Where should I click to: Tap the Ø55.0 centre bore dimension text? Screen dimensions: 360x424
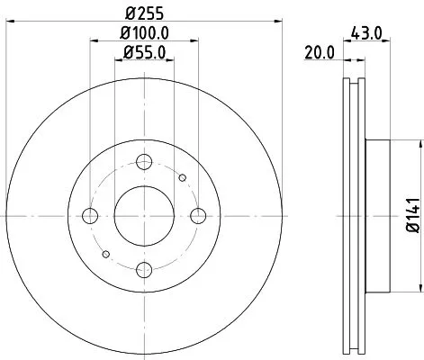tap(145, 54)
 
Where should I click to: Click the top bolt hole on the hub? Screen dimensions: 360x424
tap(144, 162)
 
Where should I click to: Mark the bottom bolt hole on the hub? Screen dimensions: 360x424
tap(144, 269)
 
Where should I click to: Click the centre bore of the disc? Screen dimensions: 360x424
tap(144, 216)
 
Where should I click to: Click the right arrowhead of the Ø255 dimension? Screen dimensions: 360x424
tap(281, 24)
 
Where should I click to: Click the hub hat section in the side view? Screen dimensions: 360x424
tap(378, 216)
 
